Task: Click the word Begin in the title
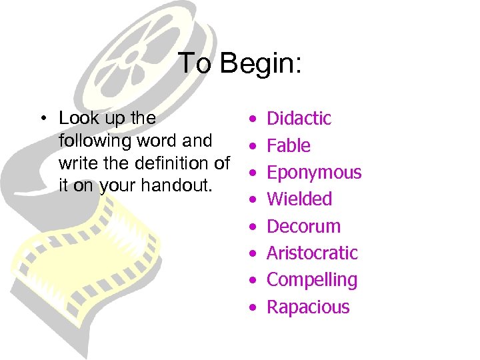click(261, 65)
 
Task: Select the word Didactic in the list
click(299, 119)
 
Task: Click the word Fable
click(289, 146)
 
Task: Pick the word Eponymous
click(314, 173)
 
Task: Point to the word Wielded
click(299, 199)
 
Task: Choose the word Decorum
click(303, 226)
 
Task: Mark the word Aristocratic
click(312, 253)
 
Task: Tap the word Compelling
click(312, 280)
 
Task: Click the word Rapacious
click(308, 307)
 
